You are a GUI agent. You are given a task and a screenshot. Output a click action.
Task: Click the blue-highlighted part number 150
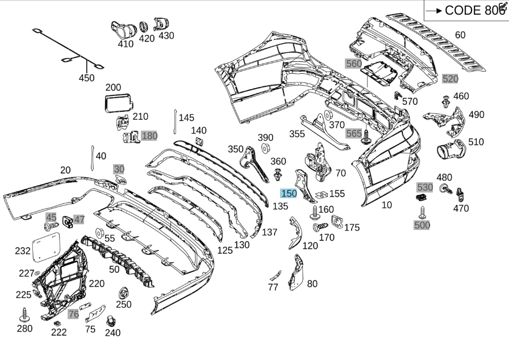(x=289, y=194)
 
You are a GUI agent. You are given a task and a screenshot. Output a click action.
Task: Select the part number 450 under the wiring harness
(x=86, y=78)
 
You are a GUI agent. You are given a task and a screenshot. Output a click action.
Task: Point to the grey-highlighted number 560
(x=353, y=64)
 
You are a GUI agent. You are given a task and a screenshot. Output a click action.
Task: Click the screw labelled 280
(x=25, y=315)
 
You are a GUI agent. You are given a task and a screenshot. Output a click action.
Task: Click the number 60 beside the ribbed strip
(x=460, y=35)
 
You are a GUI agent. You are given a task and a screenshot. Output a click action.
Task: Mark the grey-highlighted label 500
(x=422, y=225)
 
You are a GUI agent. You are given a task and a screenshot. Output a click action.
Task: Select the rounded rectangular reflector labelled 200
(x=119, y=103)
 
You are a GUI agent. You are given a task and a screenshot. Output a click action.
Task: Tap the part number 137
(x=269, y=232)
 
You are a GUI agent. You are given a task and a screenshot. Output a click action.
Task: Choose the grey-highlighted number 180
(x=149, y=136)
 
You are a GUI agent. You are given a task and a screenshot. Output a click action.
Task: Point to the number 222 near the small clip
(x=59, y=332)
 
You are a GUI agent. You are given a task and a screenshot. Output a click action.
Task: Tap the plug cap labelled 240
(x=111, y=322)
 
